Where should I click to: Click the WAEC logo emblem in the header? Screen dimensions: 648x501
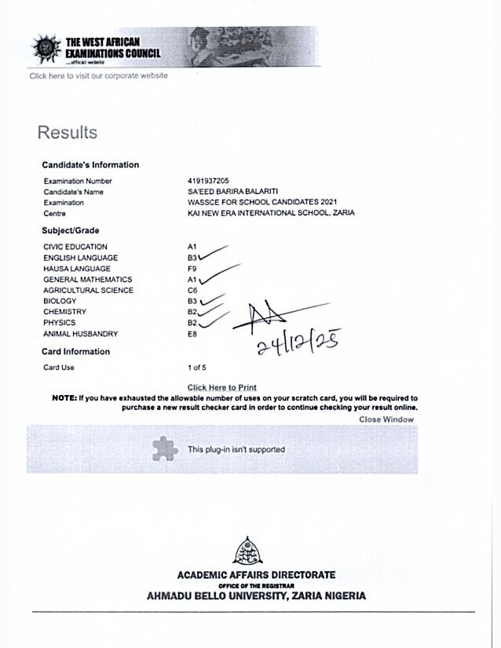tap(46, 49)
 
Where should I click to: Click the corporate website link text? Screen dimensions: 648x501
tap(98, 75)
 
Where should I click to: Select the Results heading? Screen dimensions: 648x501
tap(68, 133)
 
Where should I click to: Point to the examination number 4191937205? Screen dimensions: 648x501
tap(208, 181)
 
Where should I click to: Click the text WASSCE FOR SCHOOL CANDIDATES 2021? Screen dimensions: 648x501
tap(257, 203)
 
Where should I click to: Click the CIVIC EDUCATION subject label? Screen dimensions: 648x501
tap(75, 247)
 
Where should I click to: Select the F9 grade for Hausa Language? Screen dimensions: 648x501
tap(192, 269)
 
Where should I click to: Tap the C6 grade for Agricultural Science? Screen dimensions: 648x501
tap(192, 291)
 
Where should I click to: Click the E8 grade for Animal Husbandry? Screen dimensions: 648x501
tap(192, 334)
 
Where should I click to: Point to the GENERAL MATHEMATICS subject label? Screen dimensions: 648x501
tap(87, 280)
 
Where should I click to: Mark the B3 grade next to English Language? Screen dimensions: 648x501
tap(192, 258)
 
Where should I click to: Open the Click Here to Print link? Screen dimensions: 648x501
tap(222, 387)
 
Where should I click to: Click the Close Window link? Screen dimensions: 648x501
tap(386, 419)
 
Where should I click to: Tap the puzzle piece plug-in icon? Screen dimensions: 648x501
tap(164, 448)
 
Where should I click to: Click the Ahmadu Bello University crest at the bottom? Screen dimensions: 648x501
tap(248, 551)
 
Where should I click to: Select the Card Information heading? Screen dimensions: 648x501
tap(76, 352)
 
